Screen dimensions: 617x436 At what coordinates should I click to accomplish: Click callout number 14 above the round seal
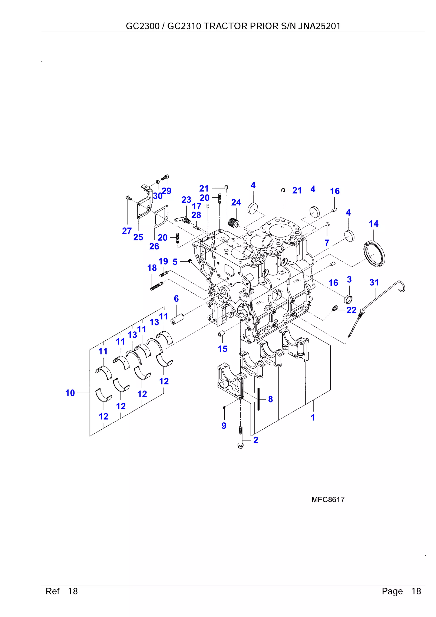pos(373,224)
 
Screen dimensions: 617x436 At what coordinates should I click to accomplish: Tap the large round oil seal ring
pos(374,254)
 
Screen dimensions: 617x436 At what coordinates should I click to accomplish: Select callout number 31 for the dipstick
pos(374,282)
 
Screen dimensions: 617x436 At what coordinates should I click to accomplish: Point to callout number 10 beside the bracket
pos(70,393)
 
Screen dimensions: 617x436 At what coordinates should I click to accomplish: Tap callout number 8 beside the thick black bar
pos(270,399)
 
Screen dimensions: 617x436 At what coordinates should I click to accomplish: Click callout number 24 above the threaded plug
pos(236,202)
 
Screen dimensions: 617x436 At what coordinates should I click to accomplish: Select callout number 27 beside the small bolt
pos(127,231)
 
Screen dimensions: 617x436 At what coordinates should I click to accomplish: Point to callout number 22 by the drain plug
pos(351,310)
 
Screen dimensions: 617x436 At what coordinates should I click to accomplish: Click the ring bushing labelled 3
pos(349,299)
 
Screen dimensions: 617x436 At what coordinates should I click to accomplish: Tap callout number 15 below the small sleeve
pos(222,349)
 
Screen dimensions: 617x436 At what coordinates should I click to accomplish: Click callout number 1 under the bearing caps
pos(313,417)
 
